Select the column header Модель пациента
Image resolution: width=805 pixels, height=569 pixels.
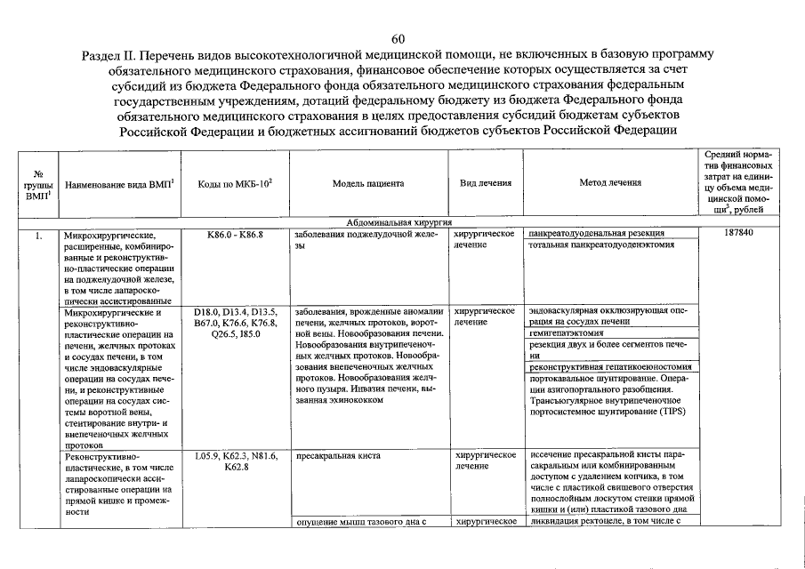coord(367,183)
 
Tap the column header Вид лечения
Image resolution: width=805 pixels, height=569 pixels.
coord(485,183)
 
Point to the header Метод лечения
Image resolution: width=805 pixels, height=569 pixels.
coord(609,183)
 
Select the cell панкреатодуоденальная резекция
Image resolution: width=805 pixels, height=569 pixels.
coord(595,233)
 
